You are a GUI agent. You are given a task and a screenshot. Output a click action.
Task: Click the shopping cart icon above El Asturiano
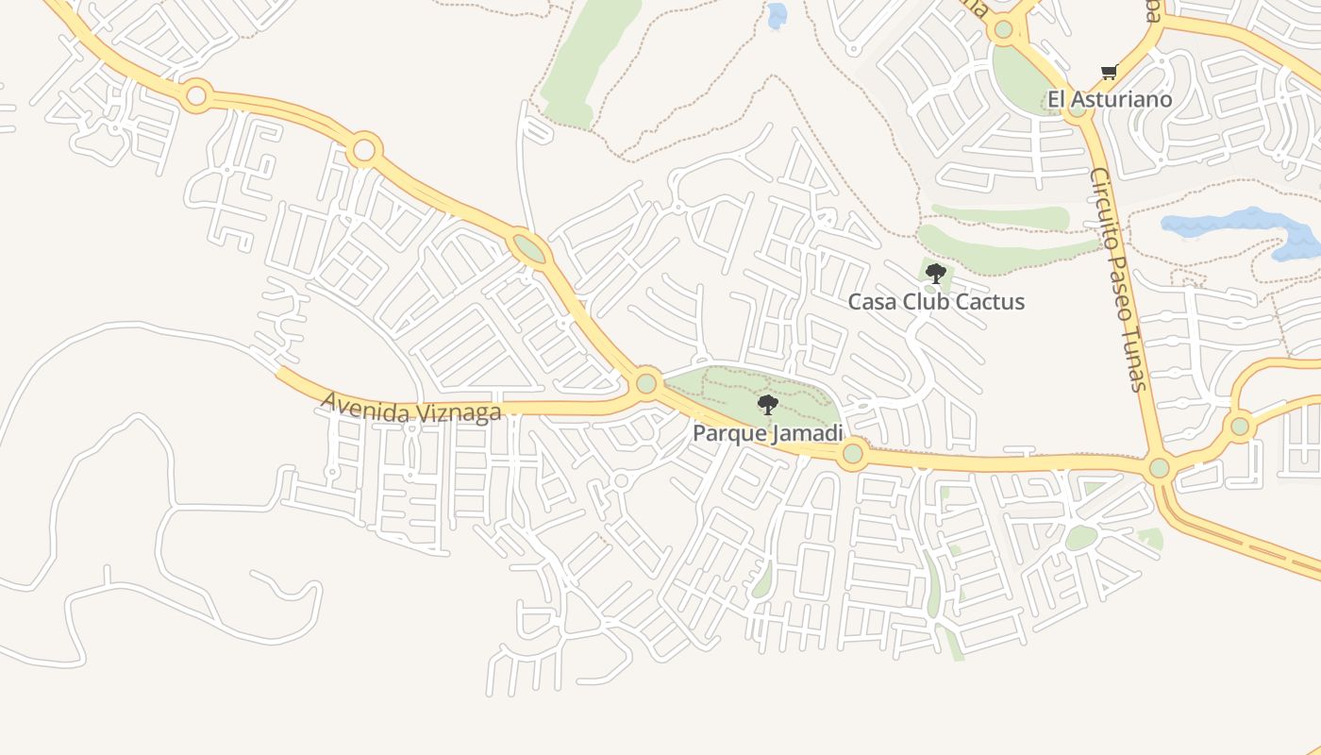click(x=1110, y=72)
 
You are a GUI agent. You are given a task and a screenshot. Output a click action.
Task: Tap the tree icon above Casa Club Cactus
click(x=935, y=274)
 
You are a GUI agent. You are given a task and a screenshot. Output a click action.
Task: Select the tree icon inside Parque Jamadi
click(x=768, y=405)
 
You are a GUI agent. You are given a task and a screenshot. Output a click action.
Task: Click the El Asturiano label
click(x=1110, y=99)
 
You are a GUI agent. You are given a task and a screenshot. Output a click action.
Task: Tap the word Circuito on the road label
click(x=1103, y=202)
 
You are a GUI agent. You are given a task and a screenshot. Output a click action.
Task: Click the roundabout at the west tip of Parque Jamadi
click(x=646, y=383)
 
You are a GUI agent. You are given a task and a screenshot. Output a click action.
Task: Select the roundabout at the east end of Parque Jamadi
click(x=852, y=454)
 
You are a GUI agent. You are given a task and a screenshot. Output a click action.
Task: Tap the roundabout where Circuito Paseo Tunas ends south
click(x=1160, y=467)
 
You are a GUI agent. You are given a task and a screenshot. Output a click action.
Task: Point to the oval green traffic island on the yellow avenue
click(x=528, y=249)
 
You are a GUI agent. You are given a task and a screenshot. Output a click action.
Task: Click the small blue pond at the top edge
click(x=777, y=14)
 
